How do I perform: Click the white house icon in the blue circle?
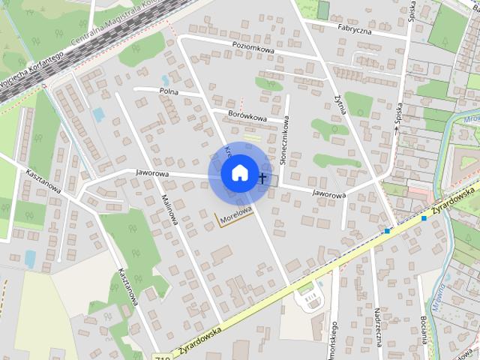point(238,172)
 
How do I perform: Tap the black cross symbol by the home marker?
point(262,178)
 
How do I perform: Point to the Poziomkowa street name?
point(253,50)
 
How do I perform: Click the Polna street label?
point(168,91)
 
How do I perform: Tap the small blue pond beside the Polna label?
point(165,79)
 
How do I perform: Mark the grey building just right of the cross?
point(271,180)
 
